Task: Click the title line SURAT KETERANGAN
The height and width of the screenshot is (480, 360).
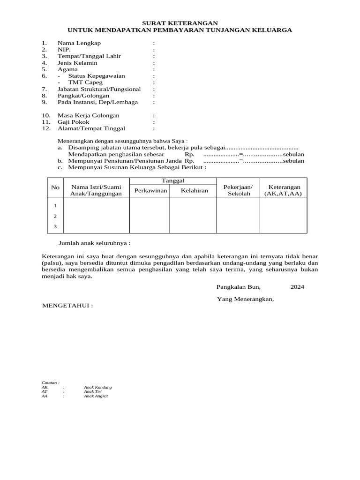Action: pos(180,23)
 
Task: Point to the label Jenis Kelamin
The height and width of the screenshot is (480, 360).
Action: pos(77,62)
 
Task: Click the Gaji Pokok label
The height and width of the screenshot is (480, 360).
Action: pos(73,122)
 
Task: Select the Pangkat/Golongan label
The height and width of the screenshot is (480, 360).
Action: pos(83,95)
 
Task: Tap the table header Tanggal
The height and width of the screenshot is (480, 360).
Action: pos(173,180)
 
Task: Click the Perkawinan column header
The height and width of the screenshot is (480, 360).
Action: pos(150,191)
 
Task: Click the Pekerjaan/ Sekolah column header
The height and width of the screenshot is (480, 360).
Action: pos(238,190)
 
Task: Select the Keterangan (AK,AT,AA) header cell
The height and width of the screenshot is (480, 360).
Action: pos(283,190)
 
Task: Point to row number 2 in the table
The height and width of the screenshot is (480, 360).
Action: pos(55,216)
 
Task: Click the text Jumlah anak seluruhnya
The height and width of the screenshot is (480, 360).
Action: pos(94,244)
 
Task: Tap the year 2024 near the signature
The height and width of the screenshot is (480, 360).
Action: pos(297,287)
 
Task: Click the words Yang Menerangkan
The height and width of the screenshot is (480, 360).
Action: pos(245,299)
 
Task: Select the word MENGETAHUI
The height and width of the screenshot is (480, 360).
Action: pos(67,306)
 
